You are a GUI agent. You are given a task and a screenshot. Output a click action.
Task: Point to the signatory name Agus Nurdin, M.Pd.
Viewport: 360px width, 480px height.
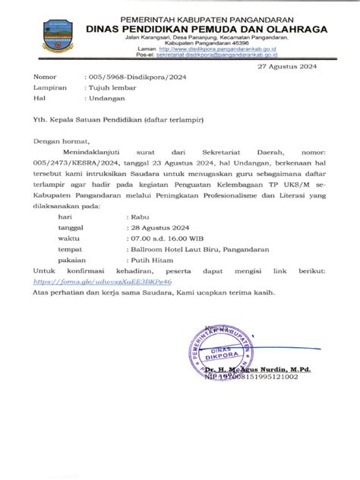(269, 368)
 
